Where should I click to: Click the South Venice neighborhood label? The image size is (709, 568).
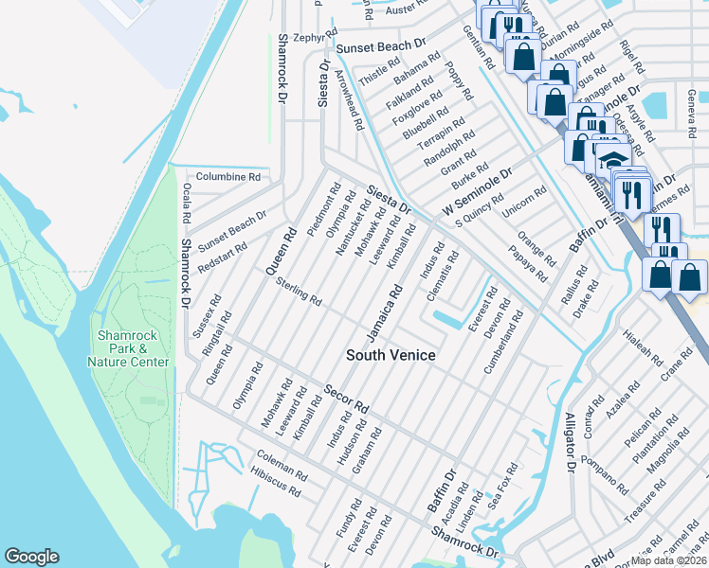click(391, 355)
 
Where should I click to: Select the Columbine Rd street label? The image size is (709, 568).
click(227, 177)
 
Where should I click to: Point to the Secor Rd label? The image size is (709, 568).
click(346, 398)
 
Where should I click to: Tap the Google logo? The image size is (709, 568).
click(31, 557)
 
